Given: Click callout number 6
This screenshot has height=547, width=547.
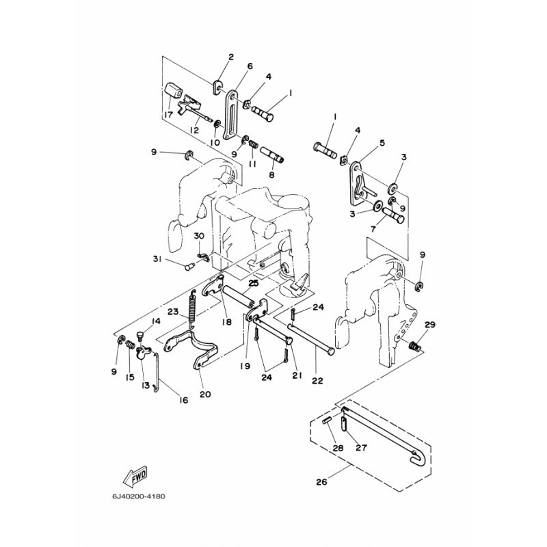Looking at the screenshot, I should pyautogui.click(x=250, y=66).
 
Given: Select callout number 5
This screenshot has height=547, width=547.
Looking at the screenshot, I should pyautogui.click(x=382, y=144).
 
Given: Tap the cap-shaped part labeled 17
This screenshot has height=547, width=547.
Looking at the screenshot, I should pyautogui.click(x=173, y=90).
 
